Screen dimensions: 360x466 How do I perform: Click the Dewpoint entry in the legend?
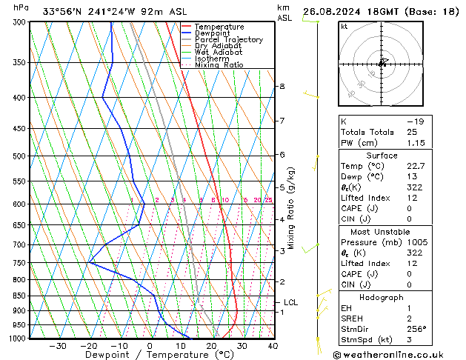click(x=209, y=33)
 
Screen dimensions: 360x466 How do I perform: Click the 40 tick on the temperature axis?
click(x=273, y=346)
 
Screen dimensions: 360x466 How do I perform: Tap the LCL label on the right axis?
click(x=290, y=302)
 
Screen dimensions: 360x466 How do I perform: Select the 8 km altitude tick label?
click(x=282, y=87)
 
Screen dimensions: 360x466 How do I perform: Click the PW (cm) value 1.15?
click(x=416, y=142)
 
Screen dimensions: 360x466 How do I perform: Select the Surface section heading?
click(x=382, y=156)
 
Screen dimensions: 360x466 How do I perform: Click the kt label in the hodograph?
click(x=344, y=26)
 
